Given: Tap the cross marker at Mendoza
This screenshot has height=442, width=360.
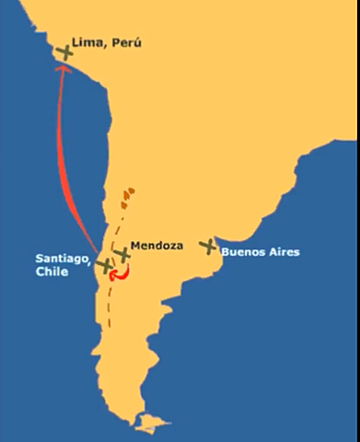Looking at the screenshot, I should pyautogui.click(x=122, y=254).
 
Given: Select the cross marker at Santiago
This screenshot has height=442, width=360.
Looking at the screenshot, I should pyautogui.click(x=103, y=263).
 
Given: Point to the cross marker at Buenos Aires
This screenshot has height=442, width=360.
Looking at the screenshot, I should pyautogui.click(x=210, y=246).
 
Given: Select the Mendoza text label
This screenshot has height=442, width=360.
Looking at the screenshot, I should pyautogui.click(x=157, y=246).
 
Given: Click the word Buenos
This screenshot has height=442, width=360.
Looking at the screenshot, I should pyautogui.click(x=243, y=251).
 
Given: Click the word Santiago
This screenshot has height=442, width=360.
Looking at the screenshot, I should pyautogui.click(x=62, y=259).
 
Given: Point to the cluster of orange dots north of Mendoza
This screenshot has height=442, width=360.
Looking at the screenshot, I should pyautogui.click(x=127, y=195).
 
